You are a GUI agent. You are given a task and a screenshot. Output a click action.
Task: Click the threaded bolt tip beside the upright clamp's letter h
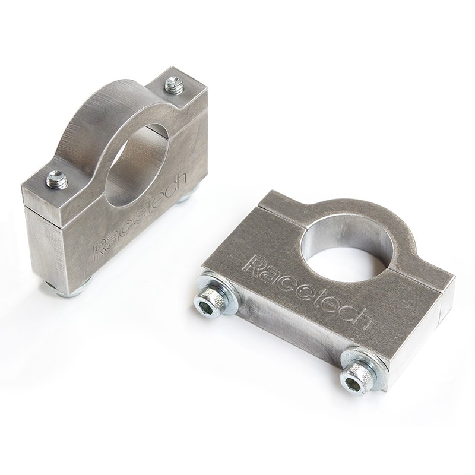[173, 87]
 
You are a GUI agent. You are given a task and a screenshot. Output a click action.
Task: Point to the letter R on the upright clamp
[100, 250]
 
